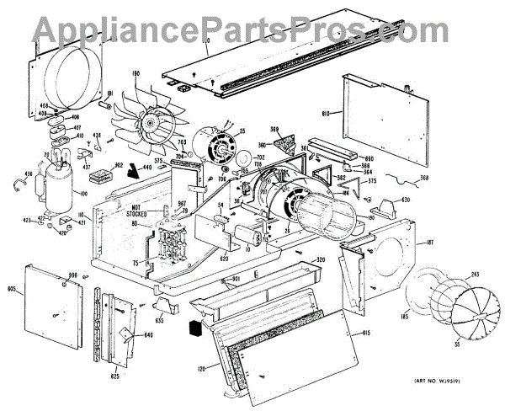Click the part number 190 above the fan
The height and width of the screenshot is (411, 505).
(135, 75)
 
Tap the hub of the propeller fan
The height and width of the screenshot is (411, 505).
(152, 125)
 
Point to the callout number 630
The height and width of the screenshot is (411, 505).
(405, 200)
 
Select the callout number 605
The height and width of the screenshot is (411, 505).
(13, 289)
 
